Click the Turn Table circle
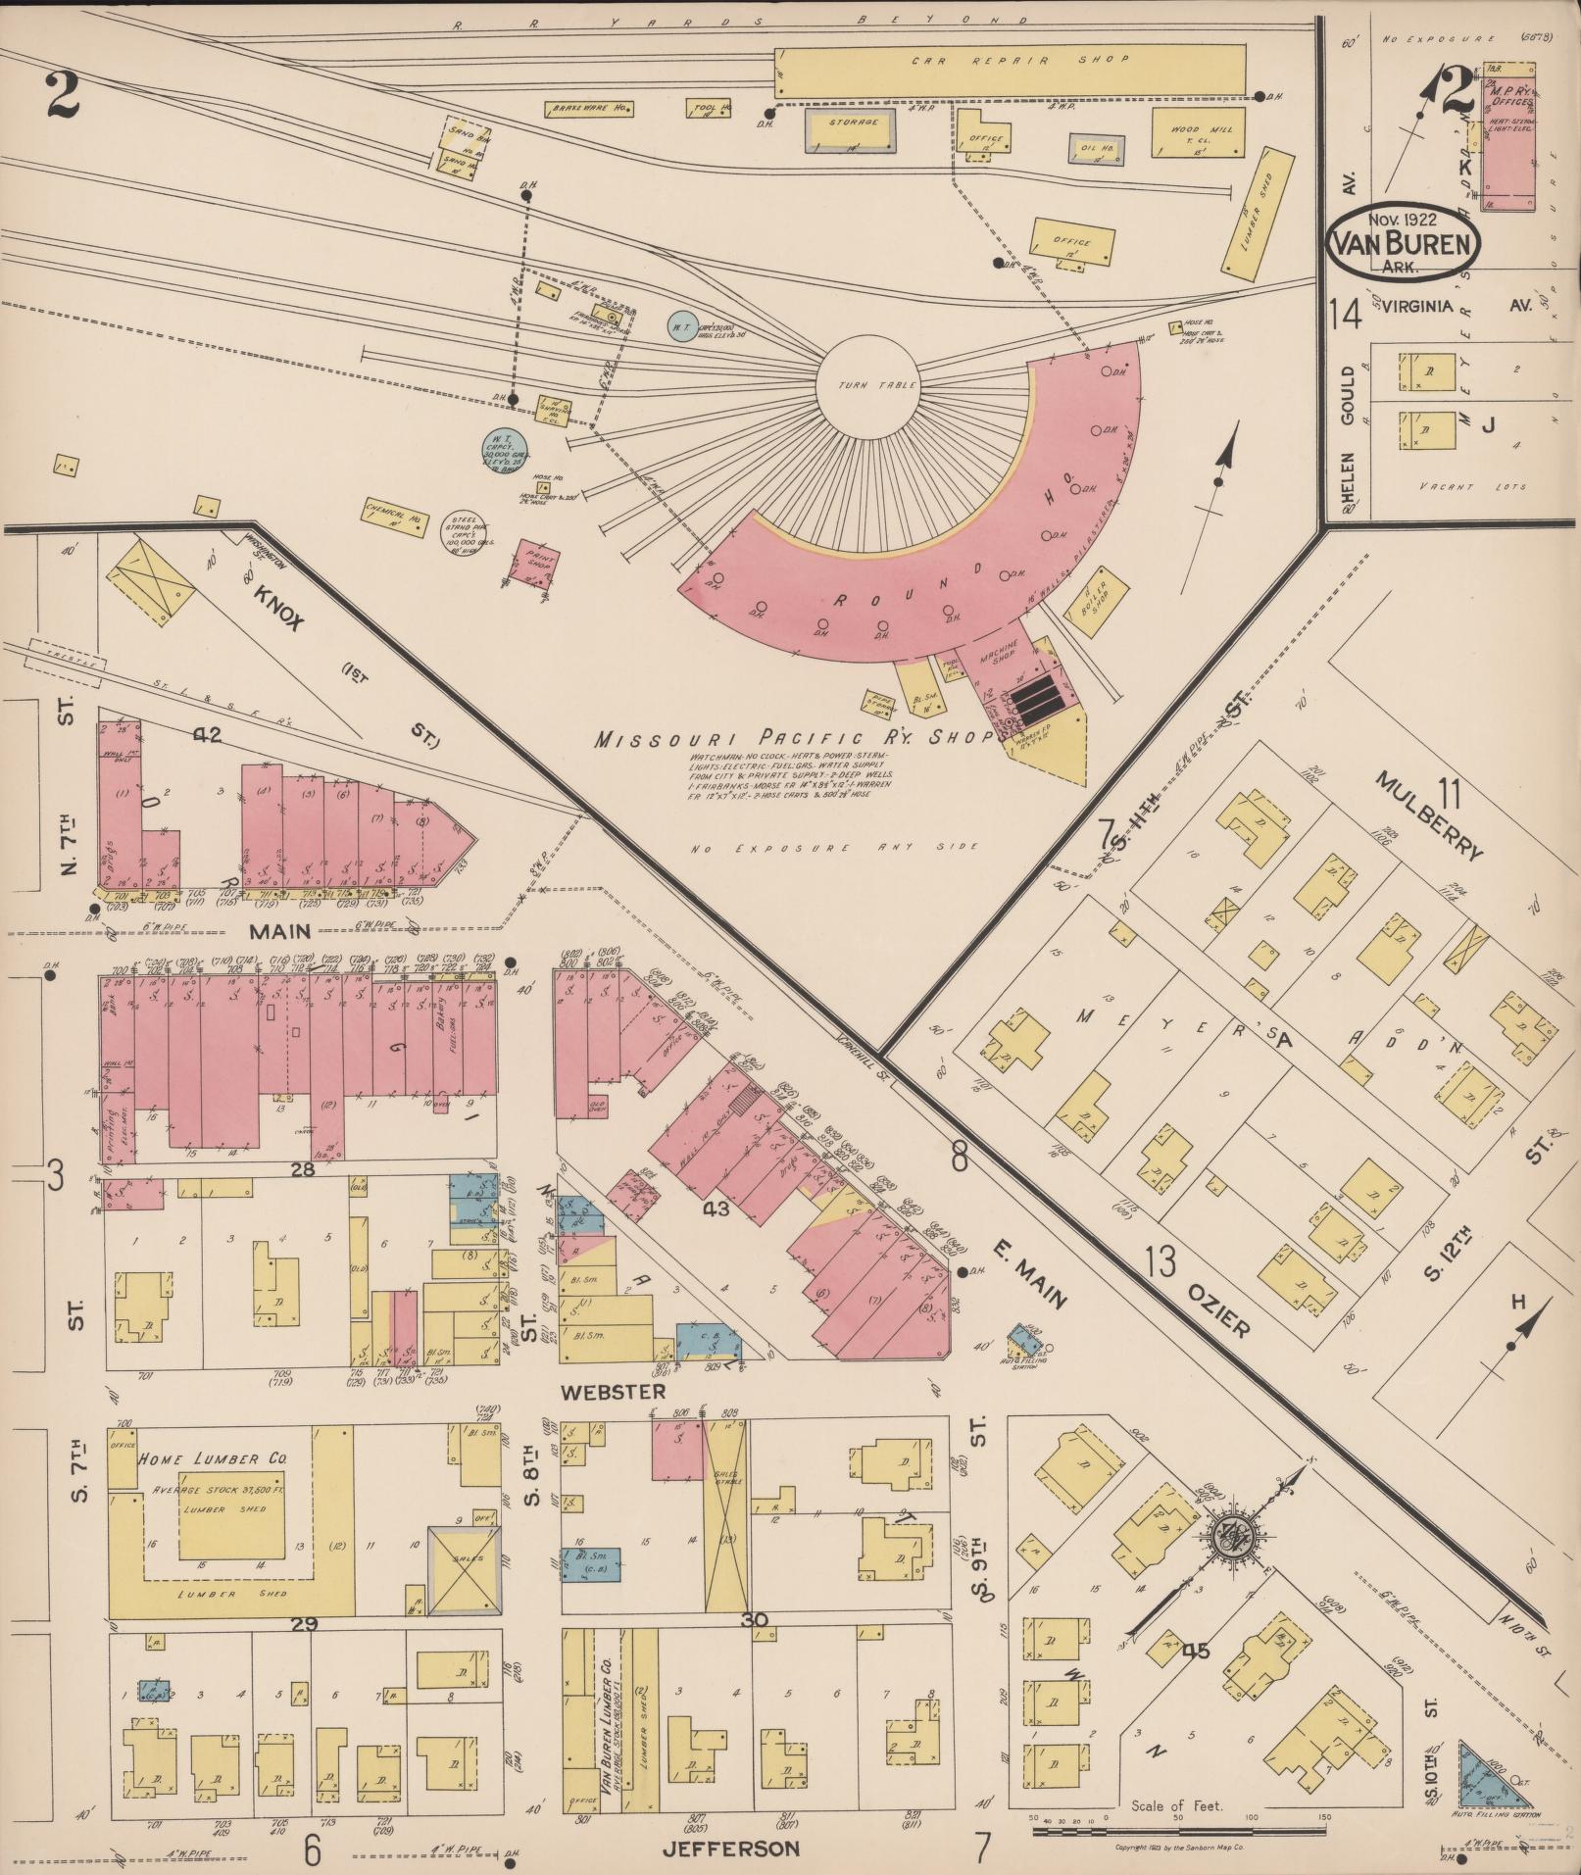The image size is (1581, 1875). pyautogui.click(x=866, y=385)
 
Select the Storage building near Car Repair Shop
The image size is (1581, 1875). pyautogui.click(x=850, y=129)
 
